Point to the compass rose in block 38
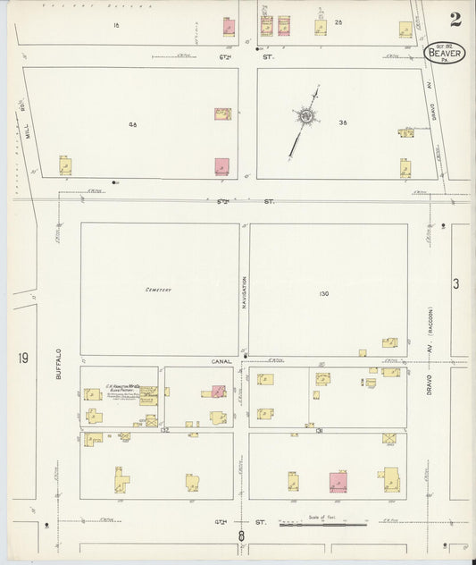coord(306,116)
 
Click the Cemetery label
coord(159,290)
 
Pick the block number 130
coord(323,293)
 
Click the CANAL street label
coord(221,361)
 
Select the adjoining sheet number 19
coord(22,358)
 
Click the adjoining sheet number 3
coord(455,284)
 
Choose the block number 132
coord(164,429)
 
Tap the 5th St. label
coord(244,201)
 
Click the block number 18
coord(116,25)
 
